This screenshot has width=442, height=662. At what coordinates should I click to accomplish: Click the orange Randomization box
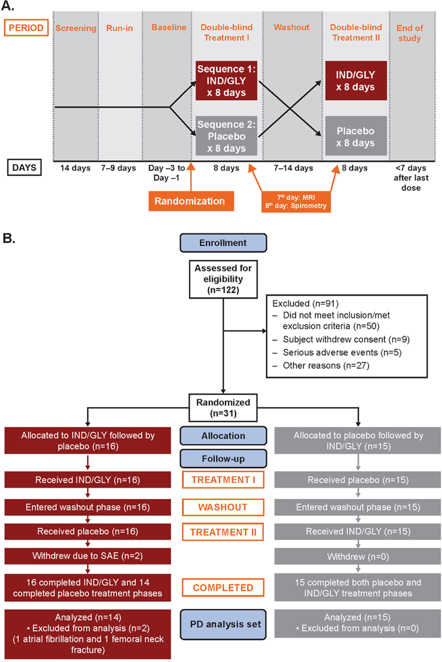(x=191, y=201)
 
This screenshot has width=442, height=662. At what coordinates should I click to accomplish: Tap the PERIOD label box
(x=26, y=28)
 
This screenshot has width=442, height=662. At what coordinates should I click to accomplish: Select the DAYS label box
(x=24, y=168)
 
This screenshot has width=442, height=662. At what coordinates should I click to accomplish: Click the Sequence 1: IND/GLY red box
(x=226, y=81)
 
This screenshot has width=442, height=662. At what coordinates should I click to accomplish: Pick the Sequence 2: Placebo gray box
(x=226, y=136)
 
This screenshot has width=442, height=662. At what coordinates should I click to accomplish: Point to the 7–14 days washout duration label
(x=293, y=168)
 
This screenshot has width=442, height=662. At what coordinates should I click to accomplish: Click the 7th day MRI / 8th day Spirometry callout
(x=296, y=202)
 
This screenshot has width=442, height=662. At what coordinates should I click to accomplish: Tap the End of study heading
(x=410, y=33)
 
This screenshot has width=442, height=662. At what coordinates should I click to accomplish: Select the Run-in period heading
(x=119, y=28)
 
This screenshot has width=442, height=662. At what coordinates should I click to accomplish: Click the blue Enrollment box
(x=223, y=243)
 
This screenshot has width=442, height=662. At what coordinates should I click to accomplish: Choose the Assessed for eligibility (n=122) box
(x=223, y=279)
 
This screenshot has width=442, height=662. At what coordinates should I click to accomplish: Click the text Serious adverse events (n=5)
(x=342, y=352)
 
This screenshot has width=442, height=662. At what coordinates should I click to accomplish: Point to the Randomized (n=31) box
(x=223, y=407)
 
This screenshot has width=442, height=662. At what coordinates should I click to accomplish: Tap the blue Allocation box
(x=223, y=436)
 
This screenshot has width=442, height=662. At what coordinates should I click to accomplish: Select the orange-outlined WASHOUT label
(x=223, y=507)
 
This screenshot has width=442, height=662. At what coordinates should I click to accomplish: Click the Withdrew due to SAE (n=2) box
(x=88, y=556)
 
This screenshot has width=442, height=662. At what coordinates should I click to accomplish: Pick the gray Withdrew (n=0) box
(x=358, y=556)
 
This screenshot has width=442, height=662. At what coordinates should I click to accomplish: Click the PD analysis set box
(x=223, y=624)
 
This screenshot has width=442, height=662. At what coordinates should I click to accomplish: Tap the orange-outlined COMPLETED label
(x=223, y=587)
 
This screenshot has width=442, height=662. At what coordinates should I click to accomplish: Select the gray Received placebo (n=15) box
(x=358, y=480)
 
